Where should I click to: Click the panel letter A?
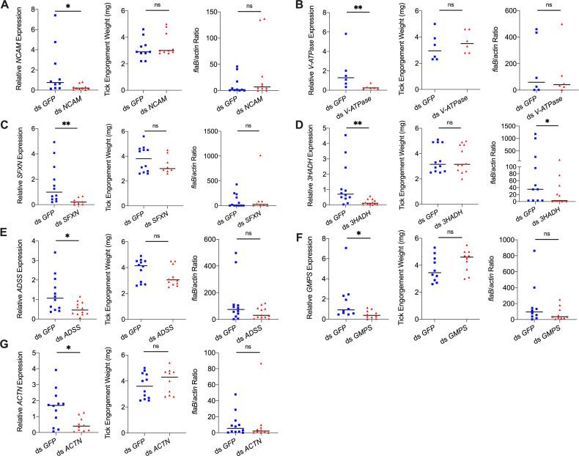(x=5, y=6)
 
